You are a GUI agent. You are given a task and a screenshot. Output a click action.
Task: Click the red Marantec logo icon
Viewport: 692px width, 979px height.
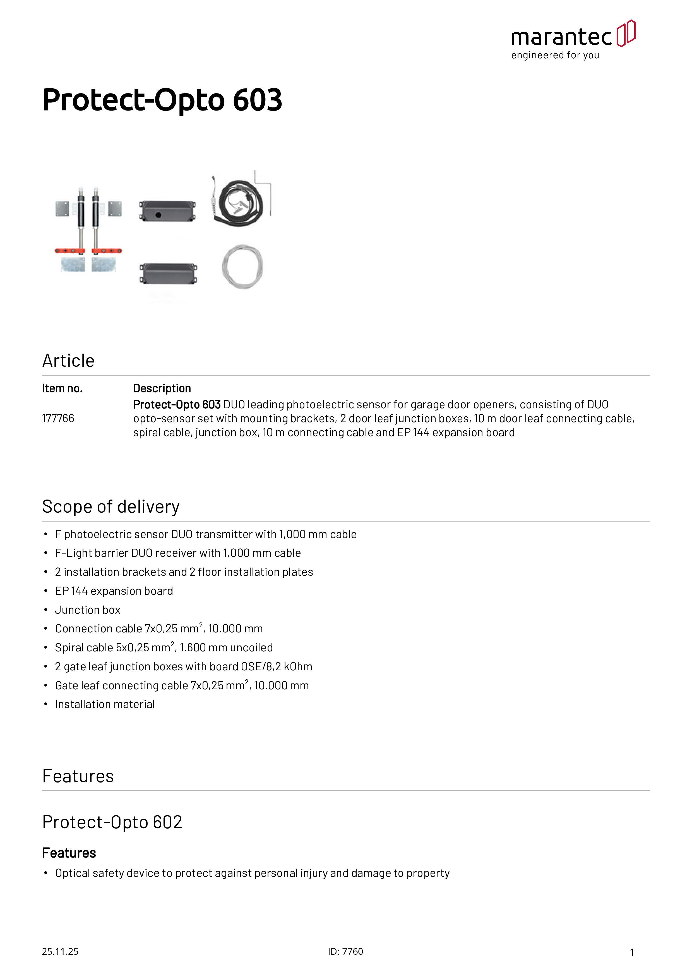[x=626, y=33]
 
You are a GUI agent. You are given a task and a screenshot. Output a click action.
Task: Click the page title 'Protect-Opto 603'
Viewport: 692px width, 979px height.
[x=162, y=100]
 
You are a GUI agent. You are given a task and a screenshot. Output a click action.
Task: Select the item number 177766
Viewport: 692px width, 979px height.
[x=58, y=418]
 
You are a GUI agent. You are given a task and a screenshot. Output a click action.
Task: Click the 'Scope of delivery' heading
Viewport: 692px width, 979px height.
[x=111, y=507]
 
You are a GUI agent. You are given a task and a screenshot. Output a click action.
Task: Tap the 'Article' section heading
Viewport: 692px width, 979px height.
[x=68, y=361]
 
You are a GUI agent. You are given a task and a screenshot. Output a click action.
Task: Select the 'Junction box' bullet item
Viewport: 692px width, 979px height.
[x=87, y=610]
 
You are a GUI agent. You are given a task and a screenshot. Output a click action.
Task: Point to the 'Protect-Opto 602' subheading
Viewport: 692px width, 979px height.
[x=112, y=822]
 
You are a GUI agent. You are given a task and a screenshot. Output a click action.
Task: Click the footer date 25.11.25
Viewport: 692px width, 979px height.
[x=60, y=951]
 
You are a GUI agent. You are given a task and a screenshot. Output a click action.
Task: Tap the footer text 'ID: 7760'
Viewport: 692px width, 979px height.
[x=345, y=951]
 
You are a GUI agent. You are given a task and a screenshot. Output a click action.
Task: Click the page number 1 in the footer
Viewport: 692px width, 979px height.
[x=632, y=952]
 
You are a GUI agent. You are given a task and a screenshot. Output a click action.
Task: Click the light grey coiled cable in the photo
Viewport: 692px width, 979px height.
[x=242, y=267]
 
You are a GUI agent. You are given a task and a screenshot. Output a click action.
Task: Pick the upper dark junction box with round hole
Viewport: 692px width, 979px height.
[x=167, y=211]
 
